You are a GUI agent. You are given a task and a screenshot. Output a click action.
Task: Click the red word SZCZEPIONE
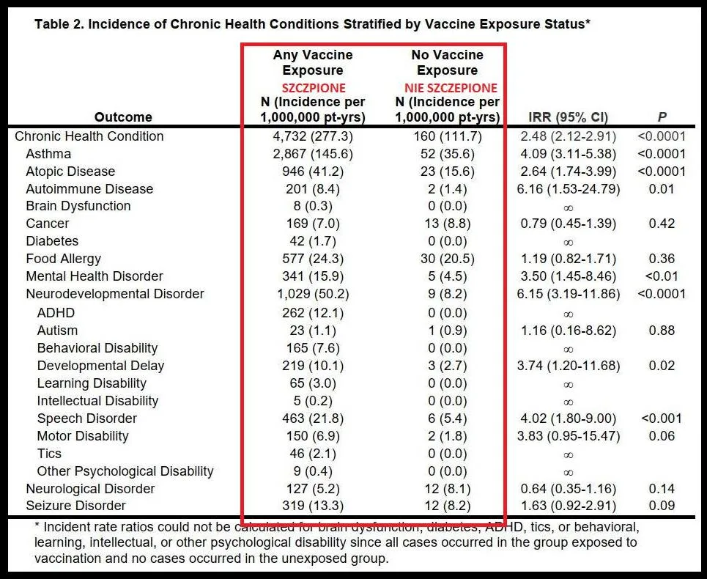[313, 87]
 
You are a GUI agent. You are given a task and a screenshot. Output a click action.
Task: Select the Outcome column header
[123, 117]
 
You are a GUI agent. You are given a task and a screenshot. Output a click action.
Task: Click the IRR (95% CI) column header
[568, 117]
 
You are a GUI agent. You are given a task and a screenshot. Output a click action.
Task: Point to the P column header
[661, 117]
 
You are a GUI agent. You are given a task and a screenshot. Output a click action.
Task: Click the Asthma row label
[48, 154]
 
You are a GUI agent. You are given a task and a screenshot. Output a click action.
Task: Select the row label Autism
[57, 331]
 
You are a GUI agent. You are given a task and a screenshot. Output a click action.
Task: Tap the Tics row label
[49, 454]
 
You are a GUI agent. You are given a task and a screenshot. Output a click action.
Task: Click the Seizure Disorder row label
[75, 506]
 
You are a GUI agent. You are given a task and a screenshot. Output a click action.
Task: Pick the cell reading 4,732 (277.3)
[313, 136]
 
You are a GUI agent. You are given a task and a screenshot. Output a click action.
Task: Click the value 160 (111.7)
[447, 136]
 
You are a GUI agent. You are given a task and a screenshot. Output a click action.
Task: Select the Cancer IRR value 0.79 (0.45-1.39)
[568, 224]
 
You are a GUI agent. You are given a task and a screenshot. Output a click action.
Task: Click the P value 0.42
[661, 224]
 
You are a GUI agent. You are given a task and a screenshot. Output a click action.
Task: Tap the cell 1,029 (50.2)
[313, 294]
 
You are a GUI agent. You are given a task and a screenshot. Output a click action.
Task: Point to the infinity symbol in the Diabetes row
[568, 243]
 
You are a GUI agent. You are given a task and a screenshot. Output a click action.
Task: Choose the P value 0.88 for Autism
[661, 331]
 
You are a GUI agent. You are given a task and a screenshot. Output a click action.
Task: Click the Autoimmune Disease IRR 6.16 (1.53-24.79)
[568, 189]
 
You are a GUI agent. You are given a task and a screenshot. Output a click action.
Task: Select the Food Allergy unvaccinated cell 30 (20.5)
[447, 259]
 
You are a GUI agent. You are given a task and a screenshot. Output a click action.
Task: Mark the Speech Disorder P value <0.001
[661, 418]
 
